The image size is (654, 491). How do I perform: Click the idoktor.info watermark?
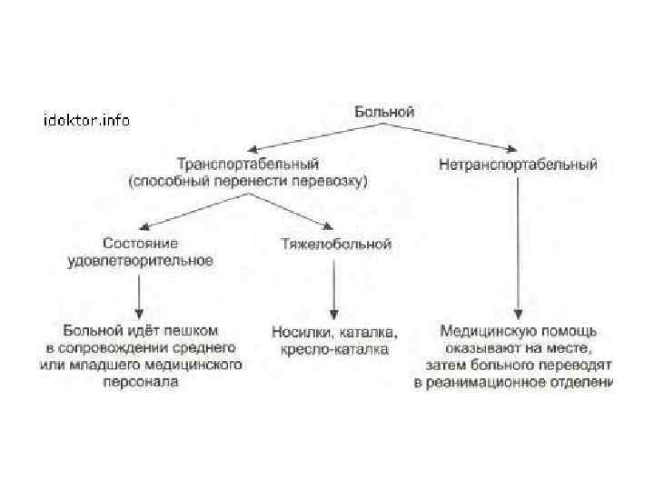[87, 119]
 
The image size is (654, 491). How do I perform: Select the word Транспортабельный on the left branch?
[247, 165]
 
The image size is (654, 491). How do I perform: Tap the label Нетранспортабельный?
[518, 165]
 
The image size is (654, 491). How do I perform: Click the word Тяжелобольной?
[336, 244]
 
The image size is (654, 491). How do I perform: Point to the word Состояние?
[140, 244]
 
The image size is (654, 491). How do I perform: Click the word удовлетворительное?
[140, 260]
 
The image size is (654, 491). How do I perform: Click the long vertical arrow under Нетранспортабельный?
[518, 245]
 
